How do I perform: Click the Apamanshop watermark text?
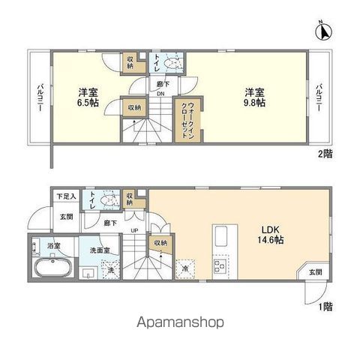point(179,322)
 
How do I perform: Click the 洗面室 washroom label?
point(99,250)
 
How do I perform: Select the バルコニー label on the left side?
point(40,98)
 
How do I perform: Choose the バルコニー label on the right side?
point(319,97)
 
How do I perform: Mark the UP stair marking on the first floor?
point(135,229)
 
